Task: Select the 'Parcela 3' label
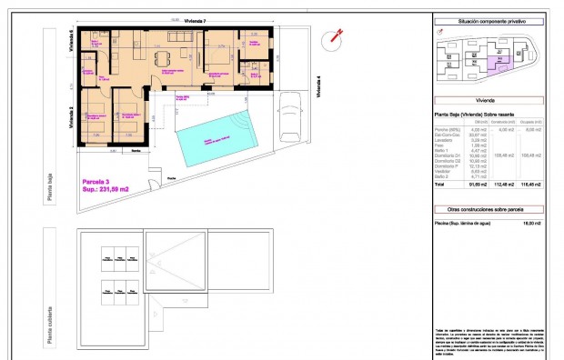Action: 98,182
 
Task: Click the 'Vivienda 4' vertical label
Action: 318,85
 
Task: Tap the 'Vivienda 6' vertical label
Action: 71,41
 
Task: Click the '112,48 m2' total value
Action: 502,183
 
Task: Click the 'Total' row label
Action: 439,183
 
